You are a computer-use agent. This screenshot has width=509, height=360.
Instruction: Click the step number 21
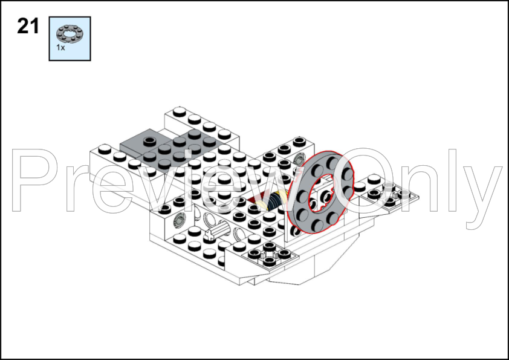point(28,26)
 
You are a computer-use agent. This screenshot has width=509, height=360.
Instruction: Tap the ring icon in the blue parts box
point(70,34)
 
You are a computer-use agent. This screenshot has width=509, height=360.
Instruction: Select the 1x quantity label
point(60,48)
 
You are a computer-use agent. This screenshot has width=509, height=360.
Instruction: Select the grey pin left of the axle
point(179,220)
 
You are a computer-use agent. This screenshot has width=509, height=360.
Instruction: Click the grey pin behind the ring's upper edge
point(298,160)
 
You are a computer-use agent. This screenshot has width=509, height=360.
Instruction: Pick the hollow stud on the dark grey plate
point(149,141)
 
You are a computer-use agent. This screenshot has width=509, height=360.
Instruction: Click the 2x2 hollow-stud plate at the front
point(270,254)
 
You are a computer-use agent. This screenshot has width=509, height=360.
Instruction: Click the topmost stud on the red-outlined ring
point(332,160)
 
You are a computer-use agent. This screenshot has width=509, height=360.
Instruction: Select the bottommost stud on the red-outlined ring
point(317,224)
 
